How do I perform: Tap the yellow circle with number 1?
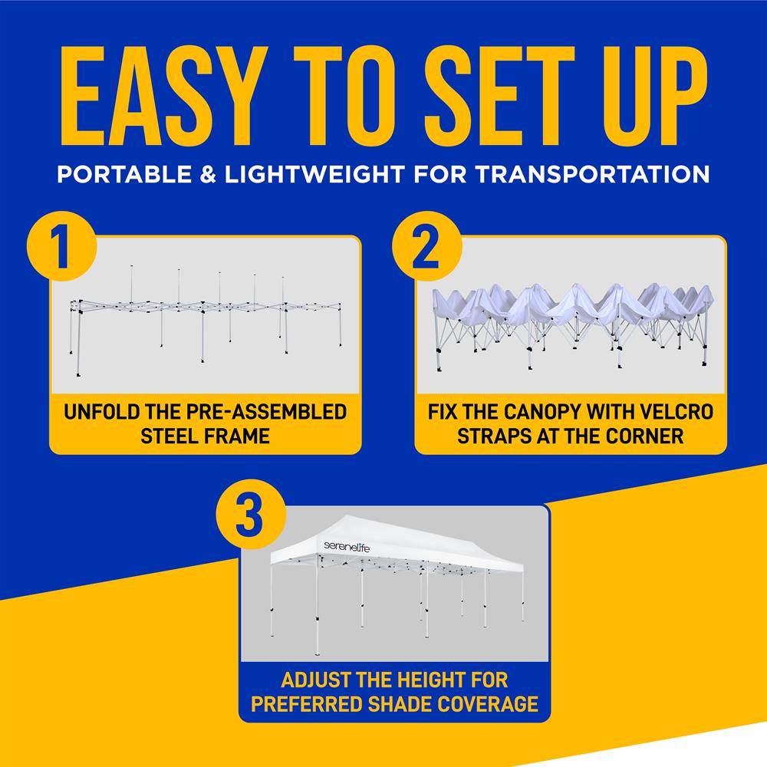coord(61,247)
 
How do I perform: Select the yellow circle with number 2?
coord(426,247)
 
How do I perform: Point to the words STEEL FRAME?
coord(205,437)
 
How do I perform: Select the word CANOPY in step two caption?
coord(534,413)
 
